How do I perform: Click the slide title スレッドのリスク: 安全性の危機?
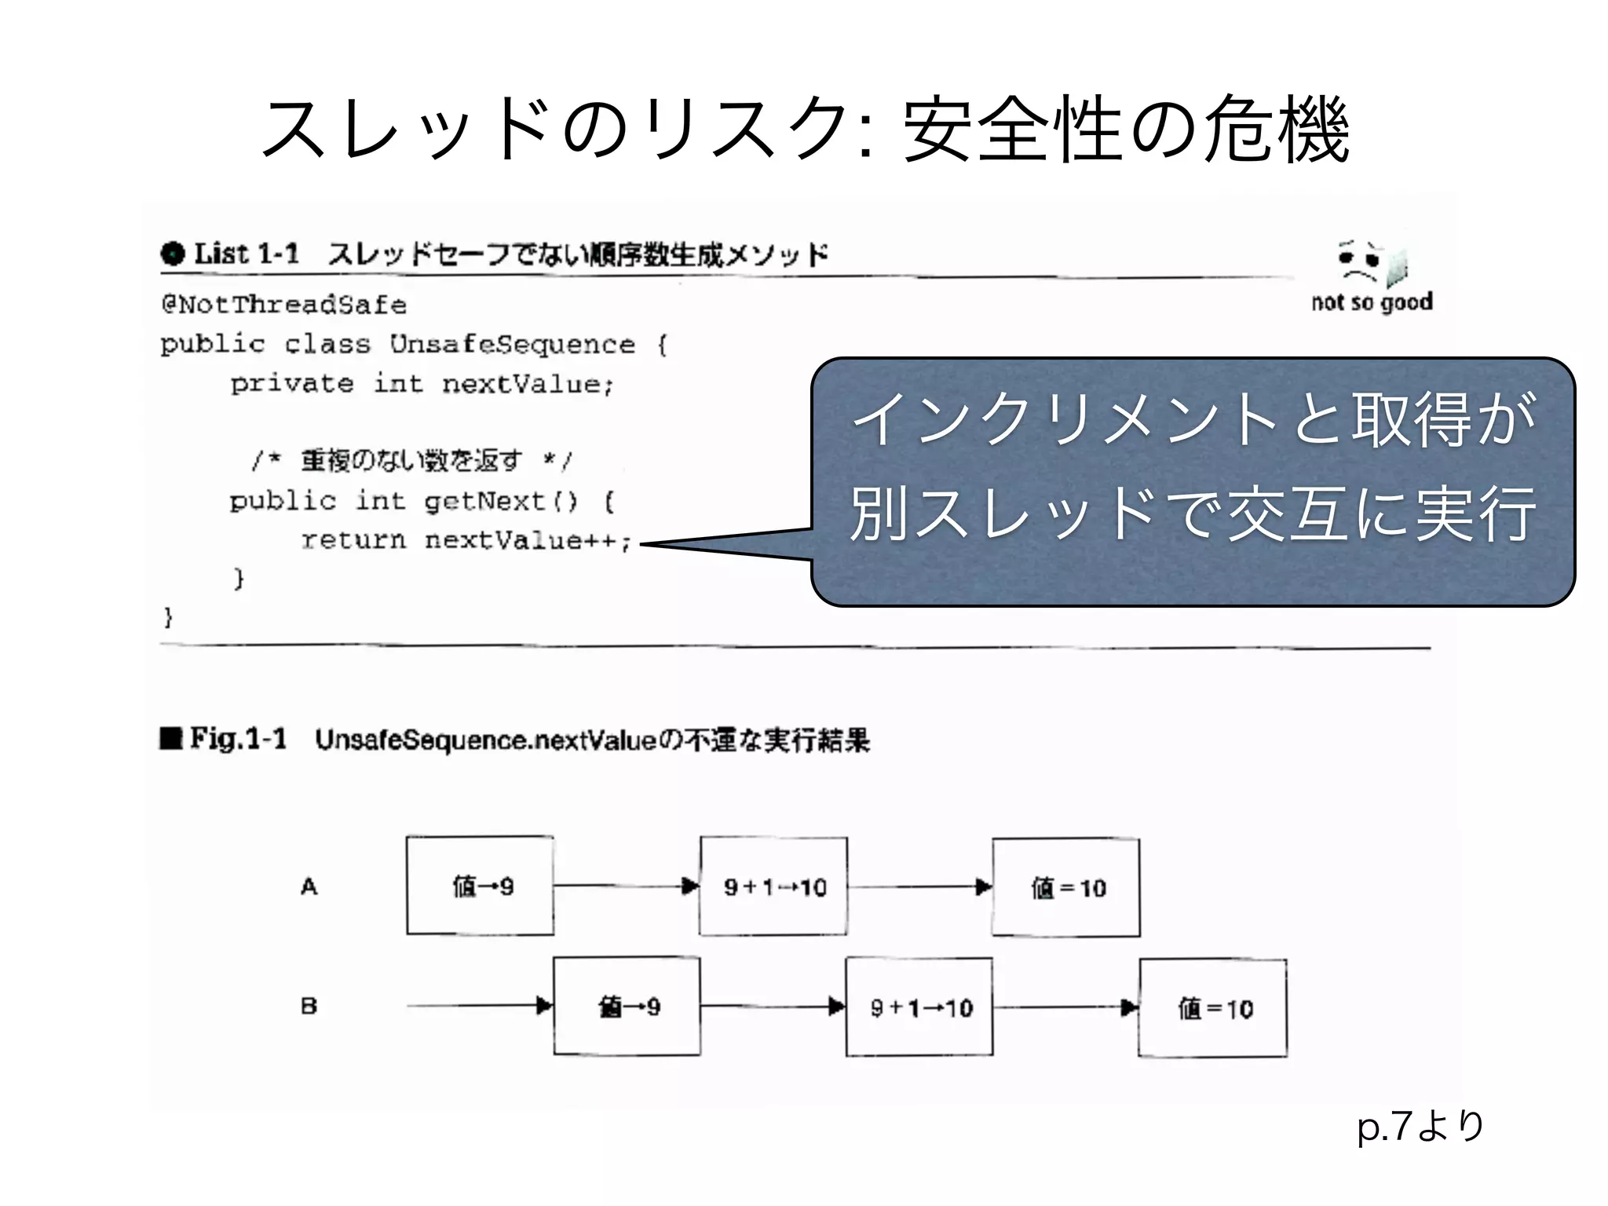805,130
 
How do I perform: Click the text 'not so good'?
1372,302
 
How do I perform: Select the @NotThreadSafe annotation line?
284,305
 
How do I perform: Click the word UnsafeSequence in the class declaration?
512,344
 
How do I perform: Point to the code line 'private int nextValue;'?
422,384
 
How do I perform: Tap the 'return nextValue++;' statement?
466,540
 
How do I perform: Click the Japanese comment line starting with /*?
412,460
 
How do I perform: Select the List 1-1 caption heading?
495,254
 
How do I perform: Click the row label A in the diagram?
309,887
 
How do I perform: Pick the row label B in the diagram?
309,1007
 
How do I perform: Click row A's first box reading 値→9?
480,886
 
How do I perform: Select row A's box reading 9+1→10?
773,886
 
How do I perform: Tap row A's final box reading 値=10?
1066,887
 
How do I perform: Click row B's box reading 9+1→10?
919,1007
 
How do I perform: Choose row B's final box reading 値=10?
1213,1008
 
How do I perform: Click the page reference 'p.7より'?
1420,1126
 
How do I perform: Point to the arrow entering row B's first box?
479,1006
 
